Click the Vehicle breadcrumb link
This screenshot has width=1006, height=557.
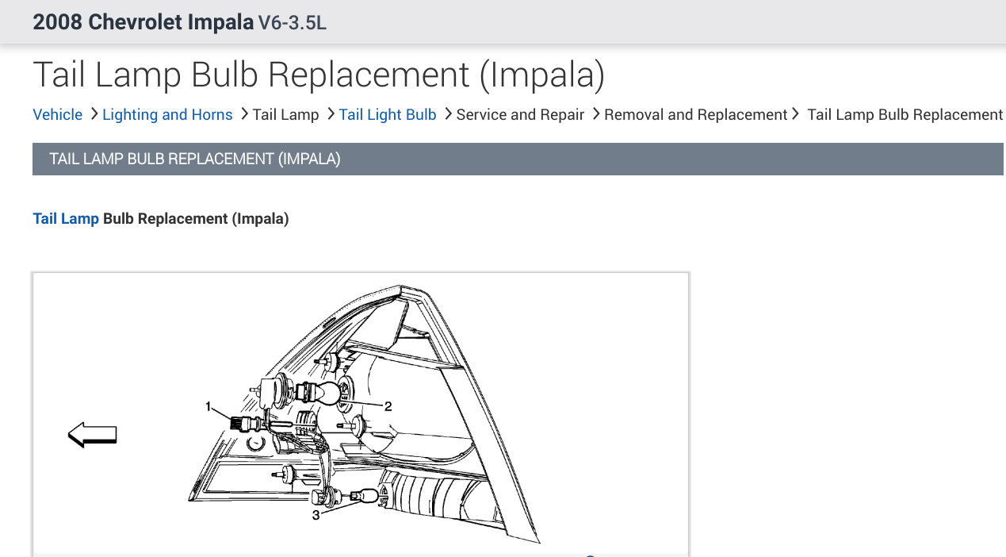point(58,114)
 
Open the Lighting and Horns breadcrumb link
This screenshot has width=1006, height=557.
point(167,114)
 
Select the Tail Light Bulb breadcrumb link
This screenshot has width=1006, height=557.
point(388,114)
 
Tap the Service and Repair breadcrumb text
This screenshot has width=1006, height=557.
point(520,114)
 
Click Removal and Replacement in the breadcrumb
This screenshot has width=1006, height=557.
point(696,114)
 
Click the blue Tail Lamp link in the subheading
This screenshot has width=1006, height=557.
point(66,219)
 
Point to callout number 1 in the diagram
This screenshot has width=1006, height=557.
point(208,406)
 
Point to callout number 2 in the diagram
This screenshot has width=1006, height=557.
point(388,406)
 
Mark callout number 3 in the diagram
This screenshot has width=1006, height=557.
point(316,515)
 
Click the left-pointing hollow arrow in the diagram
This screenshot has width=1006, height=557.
point(93,435)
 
